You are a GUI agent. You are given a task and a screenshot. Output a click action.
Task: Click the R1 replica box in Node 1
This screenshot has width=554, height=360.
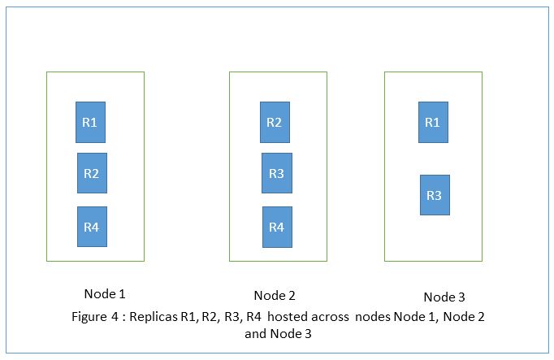click(90, 122)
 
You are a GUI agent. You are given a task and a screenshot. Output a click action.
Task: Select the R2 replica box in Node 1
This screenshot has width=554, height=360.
click(92, 173)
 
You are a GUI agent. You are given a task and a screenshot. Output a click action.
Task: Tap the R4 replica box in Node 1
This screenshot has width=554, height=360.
click(92, 227)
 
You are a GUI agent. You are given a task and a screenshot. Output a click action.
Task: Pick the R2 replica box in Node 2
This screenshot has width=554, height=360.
click(275, 122)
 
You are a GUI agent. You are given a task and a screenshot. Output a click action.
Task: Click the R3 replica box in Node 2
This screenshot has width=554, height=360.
click(276, 173)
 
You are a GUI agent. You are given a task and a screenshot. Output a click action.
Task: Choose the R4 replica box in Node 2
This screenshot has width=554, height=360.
click(276, 227)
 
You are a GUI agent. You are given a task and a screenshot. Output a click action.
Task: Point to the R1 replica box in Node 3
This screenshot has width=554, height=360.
click(433, 122)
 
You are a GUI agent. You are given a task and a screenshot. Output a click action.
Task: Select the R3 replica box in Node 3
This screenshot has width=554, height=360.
click(435, 195)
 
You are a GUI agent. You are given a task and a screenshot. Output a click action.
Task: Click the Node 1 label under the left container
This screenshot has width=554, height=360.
click(105, 293)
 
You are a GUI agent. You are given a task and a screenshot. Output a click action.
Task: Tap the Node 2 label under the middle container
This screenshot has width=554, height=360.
click(275, 295)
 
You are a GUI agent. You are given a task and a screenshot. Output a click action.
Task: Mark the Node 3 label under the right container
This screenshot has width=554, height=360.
click(444, 297)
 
